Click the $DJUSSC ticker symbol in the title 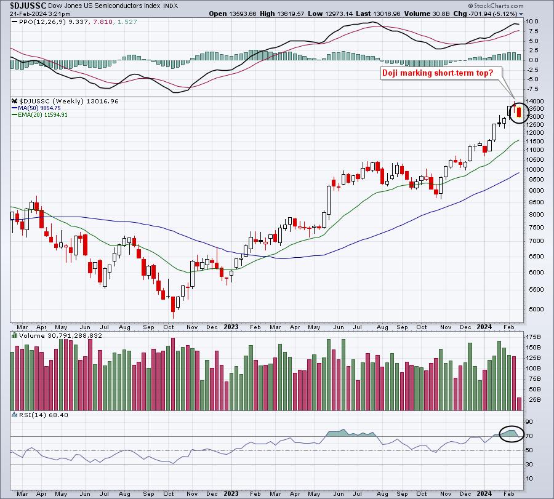(28, 6)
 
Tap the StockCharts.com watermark (496, 6)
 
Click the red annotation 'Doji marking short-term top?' (438, 73)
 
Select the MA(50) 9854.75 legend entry (36, 108)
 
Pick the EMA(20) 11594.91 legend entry (39, 115)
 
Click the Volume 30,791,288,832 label (57, 336)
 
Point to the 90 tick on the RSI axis (529, 422)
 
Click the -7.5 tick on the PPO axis (532, 89)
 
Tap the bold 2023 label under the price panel (231, 327)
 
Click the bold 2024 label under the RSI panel (484, 493)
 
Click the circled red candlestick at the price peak (519, 112)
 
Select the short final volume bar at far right (519, 404)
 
